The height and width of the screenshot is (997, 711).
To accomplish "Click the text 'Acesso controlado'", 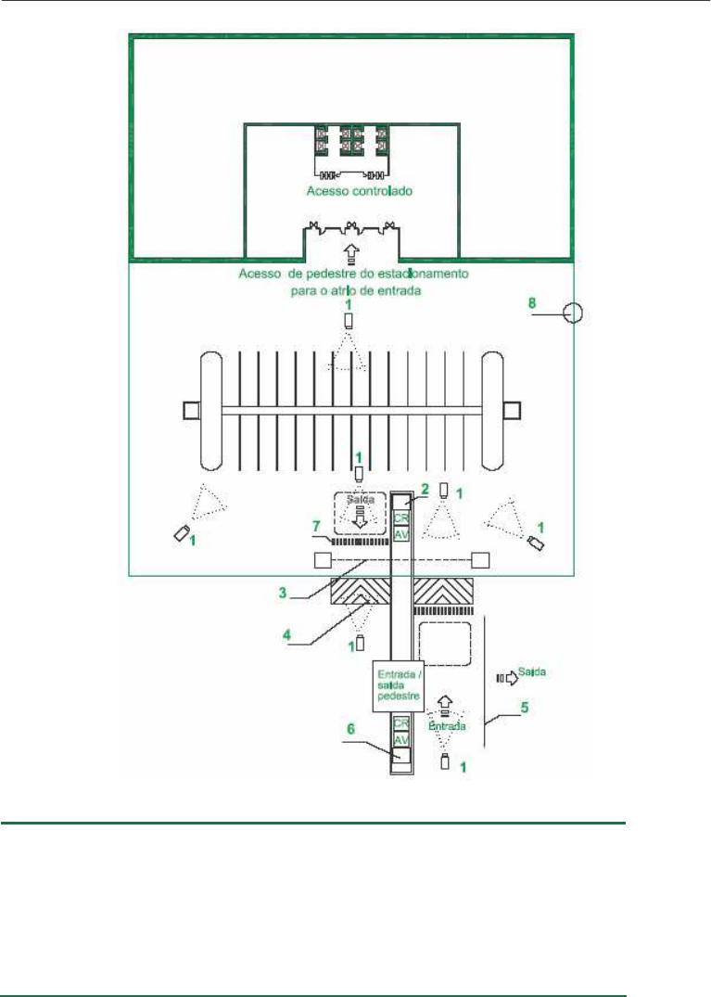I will tap(359, 192).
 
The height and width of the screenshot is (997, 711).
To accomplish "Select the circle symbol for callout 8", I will tap(574, 314).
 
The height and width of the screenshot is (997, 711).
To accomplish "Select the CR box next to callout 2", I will tap(401, 518).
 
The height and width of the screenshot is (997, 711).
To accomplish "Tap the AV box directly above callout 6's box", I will tap(401, 740).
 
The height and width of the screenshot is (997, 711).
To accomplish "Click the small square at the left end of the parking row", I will tap(190, 409).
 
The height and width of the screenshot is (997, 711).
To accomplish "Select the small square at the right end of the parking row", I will tap(512, 409).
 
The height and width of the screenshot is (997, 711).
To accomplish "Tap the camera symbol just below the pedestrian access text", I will tap(349, 321).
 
